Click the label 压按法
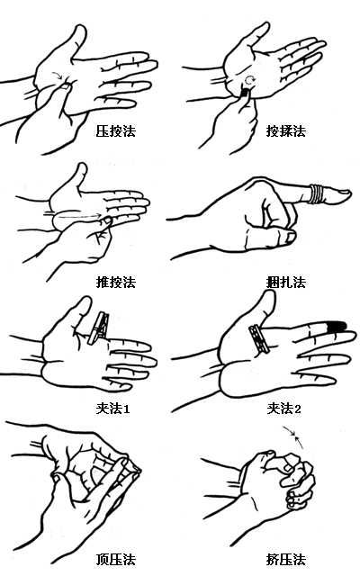pyautogui.click(x=114, y=131)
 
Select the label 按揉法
pyautogui.click(x=285, y=131)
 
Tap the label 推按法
pyautogui.click(x=114, y=282)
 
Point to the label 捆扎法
pyautogui.click(x=285, y=282)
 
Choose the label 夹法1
pyautogui.click(x=114, y=408)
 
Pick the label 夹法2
pyautogui.click(x=285, y=408)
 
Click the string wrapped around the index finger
pyautogui.click(x=318, y=192)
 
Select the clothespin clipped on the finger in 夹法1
pyautogui.click(x=101, y=327)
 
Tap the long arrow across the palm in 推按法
pyautogui.click(x=77, y=215)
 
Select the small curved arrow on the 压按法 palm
pyautogui.click(x=58, y=77)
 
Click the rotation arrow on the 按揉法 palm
pyautogui.click(x=252, y=79)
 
